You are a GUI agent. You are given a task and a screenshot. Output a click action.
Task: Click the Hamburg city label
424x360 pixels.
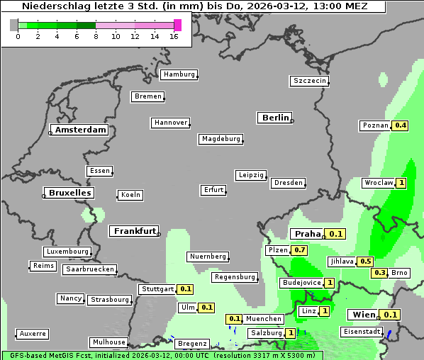(x=179, y=74)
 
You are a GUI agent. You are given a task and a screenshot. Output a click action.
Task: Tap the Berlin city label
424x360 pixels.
(x=275, y=118)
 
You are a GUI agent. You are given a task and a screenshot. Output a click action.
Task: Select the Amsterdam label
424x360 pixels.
(x=80, y=130)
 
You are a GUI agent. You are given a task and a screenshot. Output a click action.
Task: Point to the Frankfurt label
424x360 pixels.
(x=135, y=231)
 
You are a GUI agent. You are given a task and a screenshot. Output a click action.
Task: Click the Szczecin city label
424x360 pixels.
(x=310, y=81)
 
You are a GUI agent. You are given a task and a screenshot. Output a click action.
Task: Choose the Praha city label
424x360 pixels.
(x=308, y=234)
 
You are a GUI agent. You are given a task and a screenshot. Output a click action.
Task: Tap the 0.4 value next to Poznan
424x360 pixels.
(x=401, y=125)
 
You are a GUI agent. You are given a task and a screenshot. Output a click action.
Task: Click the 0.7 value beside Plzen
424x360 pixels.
(x=300, y=250)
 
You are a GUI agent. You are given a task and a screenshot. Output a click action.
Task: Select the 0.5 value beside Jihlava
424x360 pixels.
(x=365, y=261)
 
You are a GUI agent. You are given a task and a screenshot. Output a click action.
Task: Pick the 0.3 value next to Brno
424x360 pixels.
(x=380, y=273)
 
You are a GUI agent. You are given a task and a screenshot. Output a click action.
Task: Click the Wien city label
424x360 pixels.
(x=364, y=315)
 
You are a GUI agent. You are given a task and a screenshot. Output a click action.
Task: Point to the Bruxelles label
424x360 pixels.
(x=69, y=193)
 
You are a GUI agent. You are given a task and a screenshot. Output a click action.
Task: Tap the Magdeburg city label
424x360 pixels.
(x=221, y=139)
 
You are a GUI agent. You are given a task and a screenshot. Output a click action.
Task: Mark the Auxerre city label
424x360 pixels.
(x=33, y=333)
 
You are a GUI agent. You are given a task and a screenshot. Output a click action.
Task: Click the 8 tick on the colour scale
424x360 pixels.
(x=96, y=36)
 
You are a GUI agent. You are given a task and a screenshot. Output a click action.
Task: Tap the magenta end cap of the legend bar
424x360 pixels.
(x=177, y=25)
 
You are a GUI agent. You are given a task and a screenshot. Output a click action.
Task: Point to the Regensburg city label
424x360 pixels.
(x=235, y=277)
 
